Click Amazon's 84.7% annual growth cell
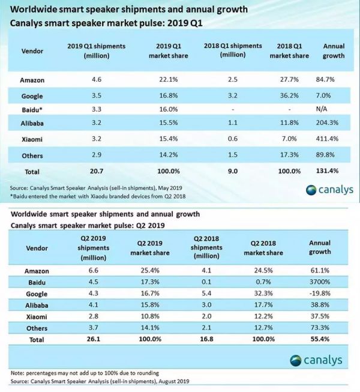pyautogui.click(x=332, y=79)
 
